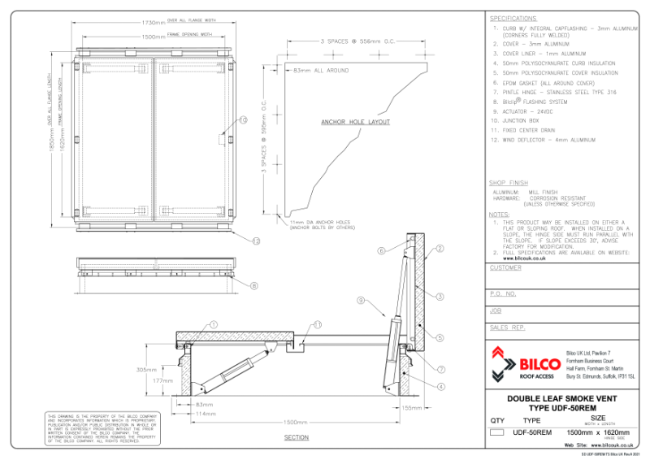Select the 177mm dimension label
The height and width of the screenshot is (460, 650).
(164, 380)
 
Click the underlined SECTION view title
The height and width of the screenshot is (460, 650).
(297, 438)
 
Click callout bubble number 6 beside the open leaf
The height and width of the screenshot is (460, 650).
(380, 251)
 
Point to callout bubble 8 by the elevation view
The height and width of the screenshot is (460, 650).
(254, 285)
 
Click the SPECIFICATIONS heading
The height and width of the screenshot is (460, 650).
(513, 18)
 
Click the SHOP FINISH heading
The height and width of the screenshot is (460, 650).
(509, 184)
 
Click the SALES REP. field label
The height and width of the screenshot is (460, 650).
(507, 328)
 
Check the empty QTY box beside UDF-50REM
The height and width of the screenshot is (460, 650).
(497, 432)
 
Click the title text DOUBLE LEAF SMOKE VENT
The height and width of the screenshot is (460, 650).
(565, 399)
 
